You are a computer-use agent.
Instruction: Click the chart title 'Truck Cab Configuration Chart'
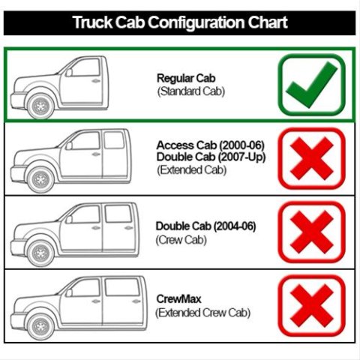(180, 22)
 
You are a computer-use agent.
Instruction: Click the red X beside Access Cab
(312, 158)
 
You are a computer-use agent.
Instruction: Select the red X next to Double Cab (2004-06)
(312, 232)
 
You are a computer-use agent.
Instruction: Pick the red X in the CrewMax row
(312, 305)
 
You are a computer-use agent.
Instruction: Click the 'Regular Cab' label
(186, 78)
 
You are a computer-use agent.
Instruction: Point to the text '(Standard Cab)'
(191, 91)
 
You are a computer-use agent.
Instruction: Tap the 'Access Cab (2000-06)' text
(211, 145)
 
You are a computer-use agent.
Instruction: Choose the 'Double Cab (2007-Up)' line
(211, 157)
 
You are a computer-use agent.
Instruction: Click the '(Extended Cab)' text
(192, 170)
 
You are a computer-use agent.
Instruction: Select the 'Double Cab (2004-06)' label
(205, 226)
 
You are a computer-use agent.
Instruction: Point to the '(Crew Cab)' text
(181, 240)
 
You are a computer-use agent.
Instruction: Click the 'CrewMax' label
(178, 299)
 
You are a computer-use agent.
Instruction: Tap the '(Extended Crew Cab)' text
(202, 313)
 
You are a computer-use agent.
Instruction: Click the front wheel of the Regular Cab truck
(40, 106)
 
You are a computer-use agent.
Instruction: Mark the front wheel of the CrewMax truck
(40, 326)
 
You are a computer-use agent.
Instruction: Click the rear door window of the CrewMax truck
(122, 287)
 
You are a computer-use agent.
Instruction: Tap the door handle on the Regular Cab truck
(96, 81)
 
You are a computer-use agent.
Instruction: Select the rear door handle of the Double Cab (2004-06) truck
(128, 228)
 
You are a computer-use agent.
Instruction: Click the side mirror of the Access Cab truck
(69, 145)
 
